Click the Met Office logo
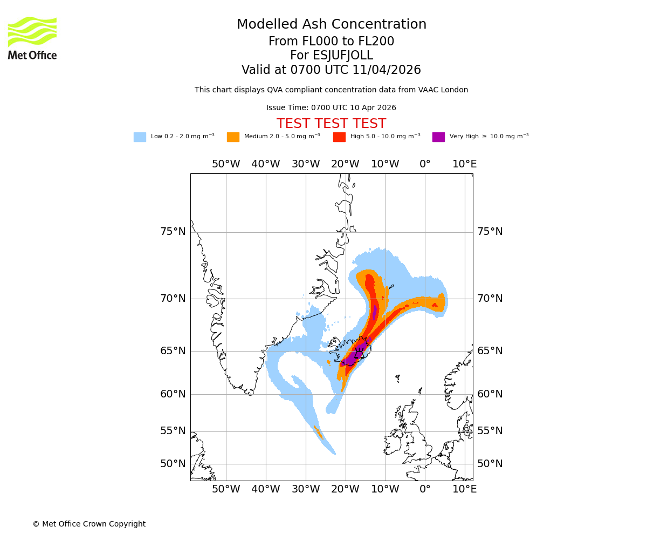click(32, 38)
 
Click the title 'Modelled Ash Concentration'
click(331, 25)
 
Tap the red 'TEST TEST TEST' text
click(331, 124)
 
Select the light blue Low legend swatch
click(140, 137)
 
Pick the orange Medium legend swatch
click(233, 137)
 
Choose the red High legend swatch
click(339, 137)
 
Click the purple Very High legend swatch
click(438, 137)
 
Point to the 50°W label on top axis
click(226, 164)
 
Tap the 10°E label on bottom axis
click(464, 489)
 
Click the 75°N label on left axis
click(173, 232)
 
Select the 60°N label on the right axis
click(490, 394)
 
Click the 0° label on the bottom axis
click(425, 489)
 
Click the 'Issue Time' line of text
click(331, 108)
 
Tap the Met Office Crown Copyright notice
click(89, 524)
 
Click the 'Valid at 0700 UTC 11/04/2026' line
click(331, 70)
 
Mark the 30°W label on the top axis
click(306, 164)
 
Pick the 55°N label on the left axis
click(173, 431)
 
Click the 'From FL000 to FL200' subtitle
click(331, 42)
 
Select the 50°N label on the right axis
click(490, 464)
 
